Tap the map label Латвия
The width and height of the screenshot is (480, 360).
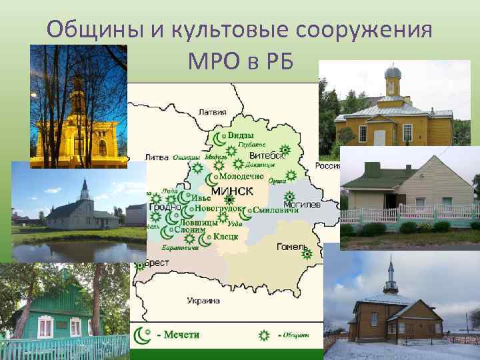click(x=213, y=111)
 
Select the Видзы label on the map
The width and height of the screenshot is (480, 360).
click(x=241, y=135)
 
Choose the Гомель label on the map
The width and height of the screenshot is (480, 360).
click(x=291, y=247)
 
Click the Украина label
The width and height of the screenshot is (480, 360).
click(x=203, y=301)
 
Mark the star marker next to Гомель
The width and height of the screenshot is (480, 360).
click(x=306, y=253)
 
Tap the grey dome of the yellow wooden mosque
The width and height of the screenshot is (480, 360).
click(x=393, y=72)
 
